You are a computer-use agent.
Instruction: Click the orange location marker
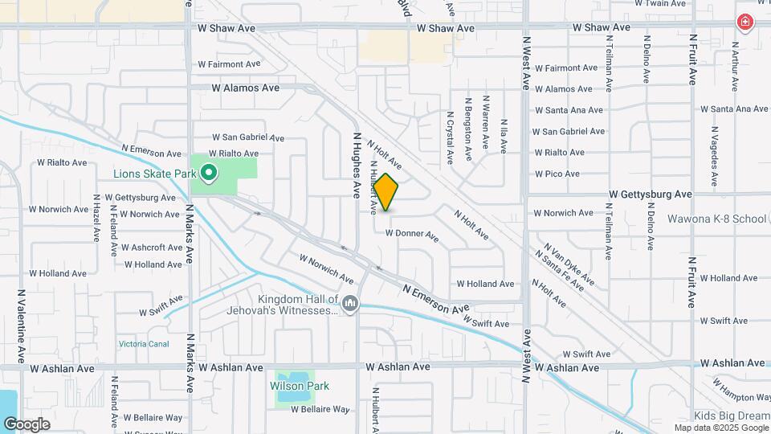(x=386, y=193)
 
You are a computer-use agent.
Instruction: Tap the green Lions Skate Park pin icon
(x=209, y=172)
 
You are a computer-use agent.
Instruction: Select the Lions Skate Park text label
(x=155, y=172)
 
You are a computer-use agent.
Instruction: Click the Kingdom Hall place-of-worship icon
(x=349, y=304)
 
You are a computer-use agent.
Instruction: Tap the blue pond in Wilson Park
(x=290, y=383)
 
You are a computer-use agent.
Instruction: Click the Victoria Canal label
(x=144, y=344)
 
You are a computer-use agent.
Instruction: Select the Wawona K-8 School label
(x=717, y=219)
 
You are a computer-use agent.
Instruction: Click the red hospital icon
(x=745, y=23)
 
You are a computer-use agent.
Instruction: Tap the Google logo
(x=27, y=424)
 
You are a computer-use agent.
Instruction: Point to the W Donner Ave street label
(x=412, y=235)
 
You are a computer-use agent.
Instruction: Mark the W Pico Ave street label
(x=557, y=174)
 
